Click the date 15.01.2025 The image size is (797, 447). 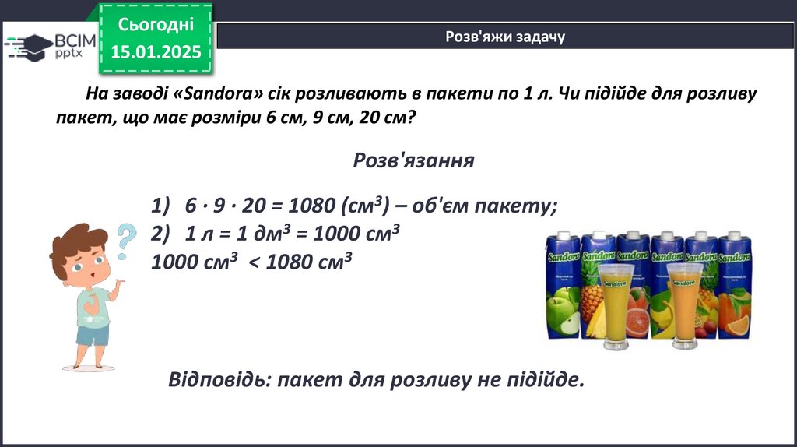156,52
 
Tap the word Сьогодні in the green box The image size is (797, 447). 156,24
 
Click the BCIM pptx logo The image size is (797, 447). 50,47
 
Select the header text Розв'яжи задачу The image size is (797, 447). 505,37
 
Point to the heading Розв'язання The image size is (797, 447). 414,160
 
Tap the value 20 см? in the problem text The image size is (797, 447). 388,118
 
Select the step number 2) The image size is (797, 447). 160,234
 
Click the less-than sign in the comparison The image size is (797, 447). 255,262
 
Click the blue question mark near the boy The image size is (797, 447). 125,241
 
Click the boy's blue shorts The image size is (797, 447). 93,336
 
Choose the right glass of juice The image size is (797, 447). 685,306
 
